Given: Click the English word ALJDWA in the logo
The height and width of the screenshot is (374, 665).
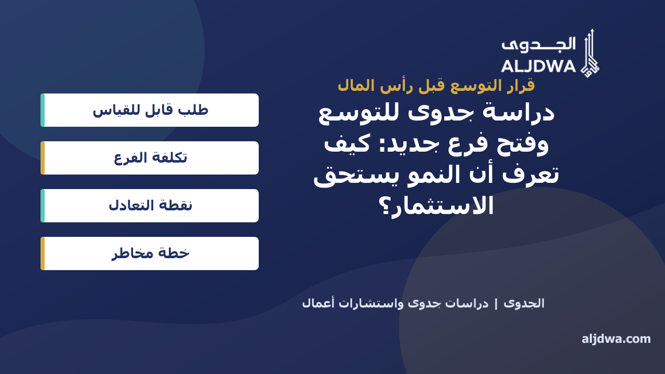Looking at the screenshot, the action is pyautogui.click(x=539, y=66).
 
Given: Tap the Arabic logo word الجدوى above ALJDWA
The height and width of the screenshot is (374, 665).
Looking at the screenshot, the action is pyautogui.click(x=539, y=45).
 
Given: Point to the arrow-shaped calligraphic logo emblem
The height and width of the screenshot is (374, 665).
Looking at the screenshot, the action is pyautogui.click(x=590, y=54).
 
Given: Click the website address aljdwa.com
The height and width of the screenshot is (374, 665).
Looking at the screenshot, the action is pyautogui.click(x=616, y=339).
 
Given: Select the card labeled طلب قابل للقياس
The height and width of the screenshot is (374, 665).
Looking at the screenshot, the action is pyautogui.click(x=150, y=110).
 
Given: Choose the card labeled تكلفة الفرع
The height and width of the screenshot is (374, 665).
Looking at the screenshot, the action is pyautogui.click(x=150, y=158).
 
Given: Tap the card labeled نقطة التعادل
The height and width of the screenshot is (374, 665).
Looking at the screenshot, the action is pyautogui.click(x=150, y=206).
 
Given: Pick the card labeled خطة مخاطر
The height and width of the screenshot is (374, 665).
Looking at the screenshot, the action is pyautogui.click(x=150, y=253).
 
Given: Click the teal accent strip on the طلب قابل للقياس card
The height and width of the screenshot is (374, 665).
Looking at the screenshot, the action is pyautogui.click(x=43, y=110).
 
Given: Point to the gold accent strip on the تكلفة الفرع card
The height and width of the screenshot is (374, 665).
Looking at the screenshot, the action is pyautogui.click(x=43, y=158).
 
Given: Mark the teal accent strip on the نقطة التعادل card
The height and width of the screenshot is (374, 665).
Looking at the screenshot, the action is pyautogui.click(x=43, y=206).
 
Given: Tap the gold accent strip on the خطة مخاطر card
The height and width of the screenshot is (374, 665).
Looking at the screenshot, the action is pyautogui.click(x=43, y=253).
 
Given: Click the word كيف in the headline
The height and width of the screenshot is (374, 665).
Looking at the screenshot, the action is pyautogui.click(x=347, y=144).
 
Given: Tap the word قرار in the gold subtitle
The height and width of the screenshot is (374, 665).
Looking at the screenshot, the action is pyautogui.click(x=521, y=86).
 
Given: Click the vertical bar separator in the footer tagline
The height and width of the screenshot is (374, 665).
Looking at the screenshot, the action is pyautogui.click(x=496, y=304).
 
